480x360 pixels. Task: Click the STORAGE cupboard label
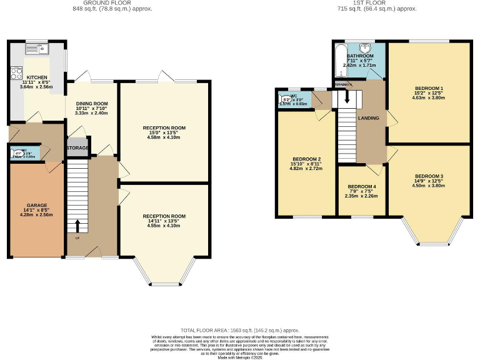(77, 148)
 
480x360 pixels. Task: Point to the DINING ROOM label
(92, 104)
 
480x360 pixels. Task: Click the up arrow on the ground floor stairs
(78, 225)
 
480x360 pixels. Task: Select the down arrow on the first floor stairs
(347, 99)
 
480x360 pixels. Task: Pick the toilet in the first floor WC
(286, 99)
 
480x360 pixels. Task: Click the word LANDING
(368, 117)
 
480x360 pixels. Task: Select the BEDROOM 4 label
(362, 187)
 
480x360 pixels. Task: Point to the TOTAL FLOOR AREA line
(239, 330)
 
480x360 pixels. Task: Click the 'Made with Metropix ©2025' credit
(239, 357)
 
